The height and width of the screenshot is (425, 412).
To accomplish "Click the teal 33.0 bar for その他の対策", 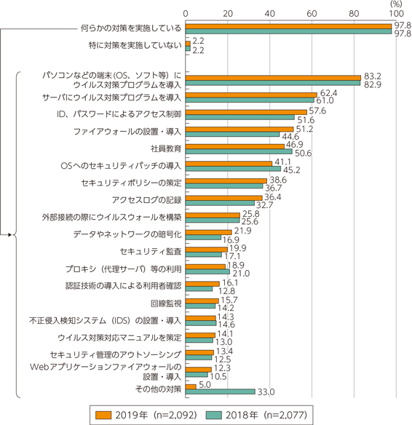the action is pyautogui.click(x=221, y=392).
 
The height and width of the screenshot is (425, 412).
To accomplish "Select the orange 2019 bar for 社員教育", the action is pyautogui.click(x=235, y=146).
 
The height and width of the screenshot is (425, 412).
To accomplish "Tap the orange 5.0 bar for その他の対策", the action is pyautogui.click(x=191, y=386).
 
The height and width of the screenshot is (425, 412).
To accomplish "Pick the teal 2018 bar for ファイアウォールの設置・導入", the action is pyautogui.click(x=232, y=134).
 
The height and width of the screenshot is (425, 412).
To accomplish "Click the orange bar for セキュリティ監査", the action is pyautogui.click(x=207, y=250).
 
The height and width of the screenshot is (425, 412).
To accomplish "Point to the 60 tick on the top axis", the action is pyautogui.click(x=312, y=14).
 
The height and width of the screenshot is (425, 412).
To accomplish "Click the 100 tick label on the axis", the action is pyautogui.click(x=396, y=14).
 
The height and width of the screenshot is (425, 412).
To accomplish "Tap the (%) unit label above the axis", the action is pyautogui.click(x=396, y=4).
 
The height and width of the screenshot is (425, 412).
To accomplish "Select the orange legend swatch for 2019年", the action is pyautogui.click(x=103, y=415).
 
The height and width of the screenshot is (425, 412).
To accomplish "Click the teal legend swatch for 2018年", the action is pyautogui.click(x=213, y=415).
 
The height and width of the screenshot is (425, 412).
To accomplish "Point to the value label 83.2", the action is pyautogui.click(x=373, y=76).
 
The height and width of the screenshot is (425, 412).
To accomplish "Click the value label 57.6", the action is pyautogui.click(x=317, y=111).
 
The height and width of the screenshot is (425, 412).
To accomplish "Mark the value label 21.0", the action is pyautogui.click(x=241, y=273).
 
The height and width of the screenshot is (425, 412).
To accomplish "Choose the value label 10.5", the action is pyautogui.click(x=218, y=376).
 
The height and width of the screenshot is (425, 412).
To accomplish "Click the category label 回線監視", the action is pyautogui.click(x=166, y=303).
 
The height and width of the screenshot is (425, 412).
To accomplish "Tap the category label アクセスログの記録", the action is pyautogui.click(x=146, y=200).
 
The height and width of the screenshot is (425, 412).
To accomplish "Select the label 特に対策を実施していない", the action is pyautogui.click(x=135, y=45).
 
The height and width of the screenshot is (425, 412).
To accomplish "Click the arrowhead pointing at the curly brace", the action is pyautogui.click(x=10, y=235).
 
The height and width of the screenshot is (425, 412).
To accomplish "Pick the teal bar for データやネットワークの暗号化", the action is pyautogui.click(x=203, y=237).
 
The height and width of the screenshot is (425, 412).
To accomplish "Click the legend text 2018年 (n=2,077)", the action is pyautogui.click(x=266, y=415).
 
